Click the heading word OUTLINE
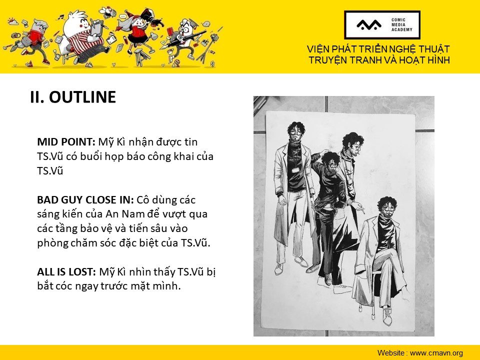(x=82, y=97)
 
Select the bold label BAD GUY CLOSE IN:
(x=85, y=200)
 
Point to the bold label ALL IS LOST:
(x=66, y=272)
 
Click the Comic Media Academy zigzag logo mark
(x=369, y=25)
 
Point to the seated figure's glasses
(x=389, y=208)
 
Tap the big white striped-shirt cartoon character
(x=82, y=36)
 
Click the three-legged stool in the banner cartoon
(x=141, y=57)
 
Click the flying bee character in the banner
(x=108, y=12)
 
